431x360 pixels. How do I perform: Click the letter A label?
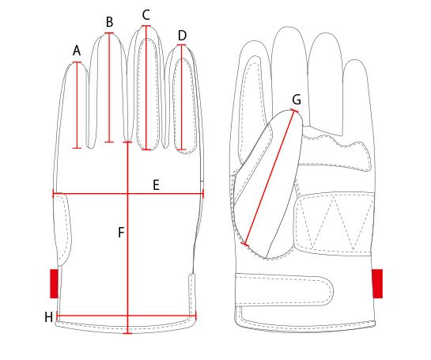77,51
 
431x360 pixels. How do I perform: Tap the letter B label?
109,22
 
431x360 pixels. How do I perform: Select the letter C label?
146,15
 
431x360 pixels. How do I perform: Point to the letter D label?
182,36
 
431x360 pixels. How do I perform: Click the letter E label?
156,185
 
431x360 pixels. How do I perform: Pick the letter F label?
121,233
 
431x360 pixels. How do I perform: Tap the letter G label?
297,99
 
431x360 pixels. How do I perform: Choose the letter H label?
49,317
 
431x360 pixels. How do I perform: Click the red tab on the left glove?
54,283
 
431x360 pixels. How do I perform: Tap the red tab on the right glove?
377,283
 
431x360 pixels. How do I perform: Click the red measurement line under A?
77,105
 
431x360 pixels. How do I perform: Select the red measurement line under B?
109,88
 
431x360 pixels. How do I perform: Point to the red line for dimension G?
270,177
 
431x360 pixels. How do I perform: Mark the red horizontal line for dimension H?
127,316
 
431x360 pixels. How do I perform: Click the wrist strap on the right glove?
284,290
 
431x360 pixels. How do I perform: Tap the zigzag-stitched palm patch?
334,223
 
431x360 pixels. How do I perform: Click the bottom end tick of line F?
127,333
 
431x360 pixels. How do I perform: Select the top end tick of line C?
146,26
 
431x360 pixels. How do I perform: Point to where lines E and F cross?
127,194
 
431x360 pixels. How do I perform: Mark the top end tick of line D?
182,45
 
